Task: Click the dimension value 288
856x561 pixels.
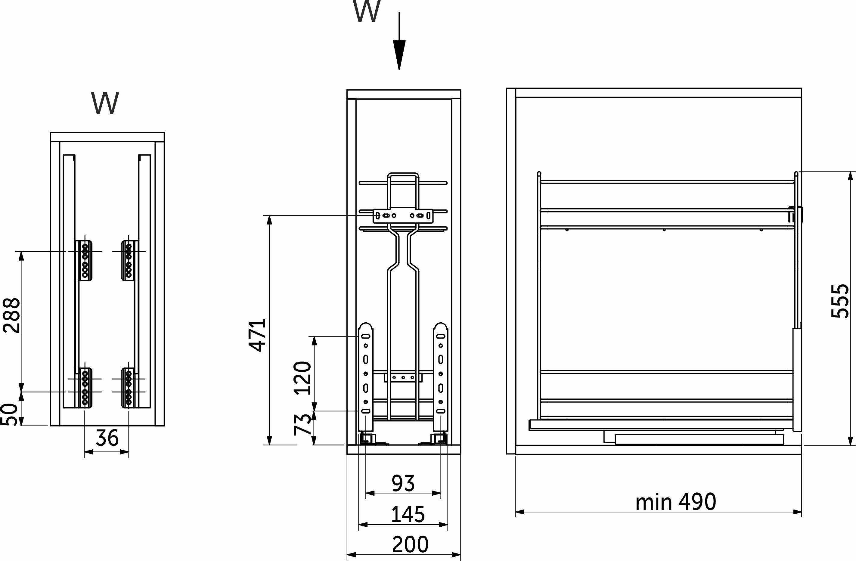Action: [x=11, y=315]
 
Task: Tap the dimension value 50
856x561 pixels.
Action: [x=9, y=414]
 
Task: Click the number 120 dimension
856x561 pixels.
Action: [x=302, y=378]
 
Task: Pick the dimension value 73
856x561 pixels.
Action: [x=302, y=425]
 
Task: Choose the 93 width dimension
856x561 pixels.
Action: [x=403, y=483]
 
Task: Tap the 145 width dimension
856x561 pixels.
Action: [x=408, y=514]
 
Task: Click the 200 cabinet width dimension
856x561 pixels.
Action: [x=410, y=544]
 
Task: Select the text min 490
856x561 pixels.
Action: [x=676, y=502]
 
